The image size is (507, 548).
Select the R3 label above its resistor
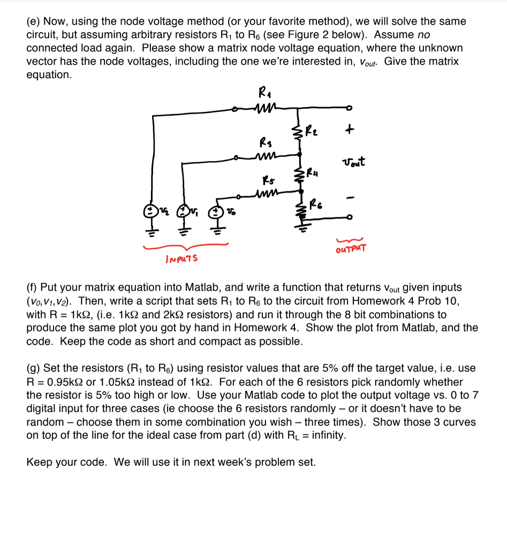coord(263,143)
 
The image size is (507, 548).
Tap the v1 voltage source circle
coord(184,211)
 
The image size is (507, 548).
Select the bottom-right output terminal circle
coord(351,218)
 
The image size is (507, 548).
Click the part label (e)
coord(33,21)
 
